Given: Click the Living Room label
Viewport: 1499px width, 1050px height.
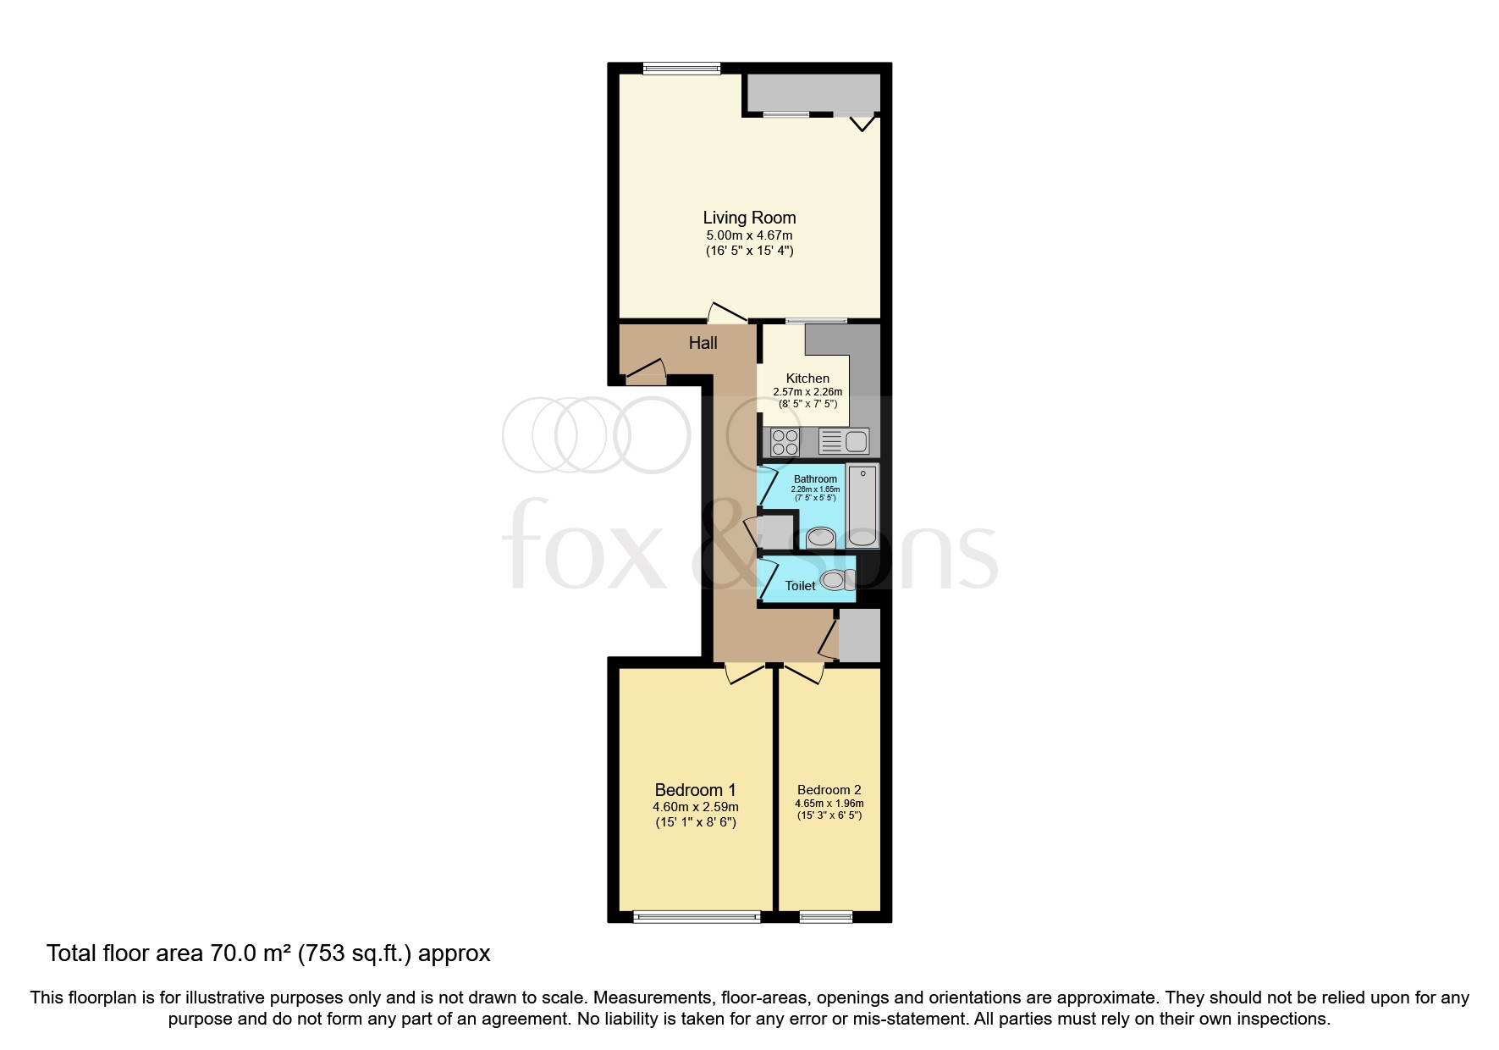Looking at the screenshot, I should (x=749, y=218).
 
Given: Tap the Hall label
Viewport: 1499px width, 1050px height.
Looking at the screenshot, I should (x=703, y=343).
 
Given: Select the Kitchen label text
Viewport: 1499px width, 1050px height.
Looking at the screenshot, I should (x=807, y=379).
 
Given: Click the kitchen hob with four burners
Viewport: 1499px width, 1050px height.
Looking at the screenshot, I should (x=785, y=442).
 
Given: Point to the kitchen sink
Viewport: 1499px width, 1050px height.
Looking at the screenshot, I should (x=843, y=441).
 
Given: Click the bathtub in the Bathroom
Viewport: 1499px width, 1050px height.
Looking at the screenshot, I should (x=862, y=505).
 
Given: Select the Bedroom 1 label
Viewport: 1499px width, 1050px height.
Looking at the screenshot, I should (x=695, y=790).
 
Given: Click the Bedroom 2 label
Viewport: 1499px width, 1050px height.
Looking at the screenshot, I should (x=829, y=790).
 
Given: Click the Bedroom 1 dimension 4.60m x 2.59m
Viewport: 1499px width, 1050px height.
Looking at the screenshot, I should (x=695, y=807).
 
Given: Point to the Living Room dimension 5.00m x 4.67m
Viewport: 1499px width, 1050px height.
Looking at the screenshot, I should (x=749, y=235).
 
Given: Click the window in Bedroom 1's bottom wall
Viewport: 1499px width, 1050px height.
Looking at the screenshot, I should (x=697, y=916).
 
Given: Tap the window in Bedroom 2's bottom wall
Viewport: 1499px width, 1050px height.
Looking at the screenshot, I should (x=825, y=916).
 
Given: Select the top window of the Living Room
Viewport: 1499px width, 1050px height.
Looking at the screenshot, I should (x=681, y=69).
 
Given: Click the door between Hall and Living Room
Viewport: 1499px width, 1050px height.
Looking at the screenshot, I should (x=726, y=313).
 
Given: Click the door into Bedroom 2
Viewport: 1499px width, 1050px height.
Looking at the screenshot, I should (x=804, y=673).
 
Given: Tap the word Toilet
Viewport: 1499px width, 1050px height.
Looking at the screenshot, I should (x=800, y=586).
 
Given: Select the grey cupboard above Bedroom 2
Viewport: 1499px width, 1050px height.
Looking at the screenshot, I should (x=859, y=635).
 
